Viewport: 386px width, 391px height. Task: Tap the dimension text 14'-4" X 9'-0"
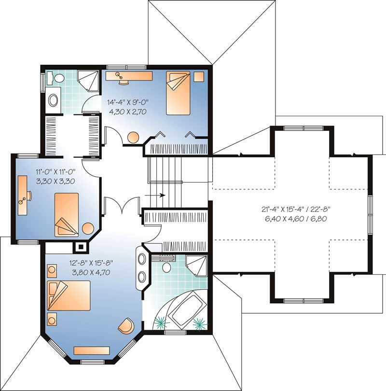tap(128, 102)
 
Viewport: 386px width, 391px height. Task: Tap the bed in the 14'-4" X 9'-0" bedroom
tap(179, 93)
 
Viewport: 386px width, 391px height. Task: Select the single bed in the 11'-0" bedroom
tap(66, 214)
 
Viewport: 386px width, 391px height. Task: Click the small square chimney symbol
tap(81, 247)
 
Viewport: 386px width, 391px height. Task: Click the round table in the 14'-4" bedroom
tap(133, 137)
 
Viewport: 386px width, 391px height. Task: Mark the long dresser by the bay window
tap(88, 350)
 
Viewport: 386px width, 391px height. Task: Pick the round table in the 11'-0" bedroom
tap(87, 229)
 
